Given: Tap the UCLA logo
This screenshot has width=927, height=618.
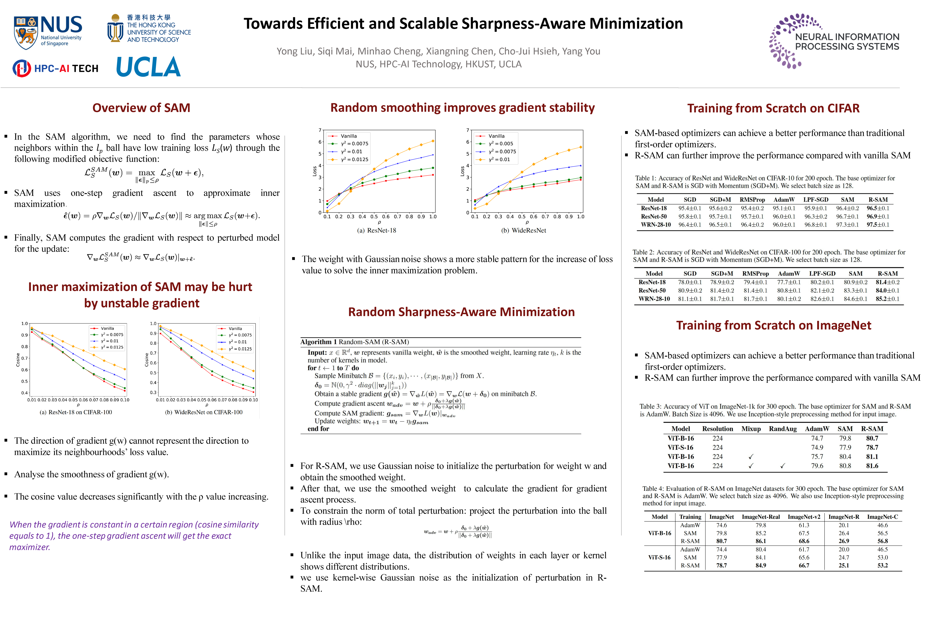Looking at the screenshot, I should tap(148, 67).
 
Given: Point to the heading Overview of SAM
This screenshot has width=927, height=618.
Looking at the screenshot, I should tap(141, 108).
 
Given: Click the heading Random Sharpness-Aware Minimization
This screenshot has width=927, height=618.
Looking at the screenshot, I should tap(461, 312).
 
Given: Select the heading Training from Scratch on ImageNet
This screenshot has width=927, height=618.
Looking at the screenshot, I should tap(773, 325).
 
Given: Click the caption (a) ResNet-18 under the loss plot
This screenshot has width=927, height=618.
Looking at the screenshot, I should tap(376, 230).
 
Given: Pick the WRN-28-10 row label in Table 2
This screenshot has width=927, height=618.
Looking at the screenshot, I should tap(654, 299).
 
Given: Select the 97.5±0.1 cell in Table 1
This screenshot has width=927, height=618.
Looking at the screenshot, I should tap(878, 225).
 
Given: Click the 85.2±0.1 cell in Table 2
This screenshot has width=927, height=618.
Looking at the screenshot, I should tap(887, 299).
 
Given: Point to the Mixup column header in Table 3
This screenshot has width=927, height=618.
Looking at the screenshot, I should tap(751, 429).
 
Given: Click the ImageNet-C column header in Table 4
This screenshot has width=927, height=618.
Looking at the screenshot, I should tap(882, 517).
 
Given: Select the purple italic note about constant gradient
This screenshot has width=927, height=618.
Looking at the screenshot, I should tap(134, 536).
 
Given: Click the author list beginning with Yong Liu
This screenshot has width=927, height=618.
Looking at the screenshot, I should tap(438, 51).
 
